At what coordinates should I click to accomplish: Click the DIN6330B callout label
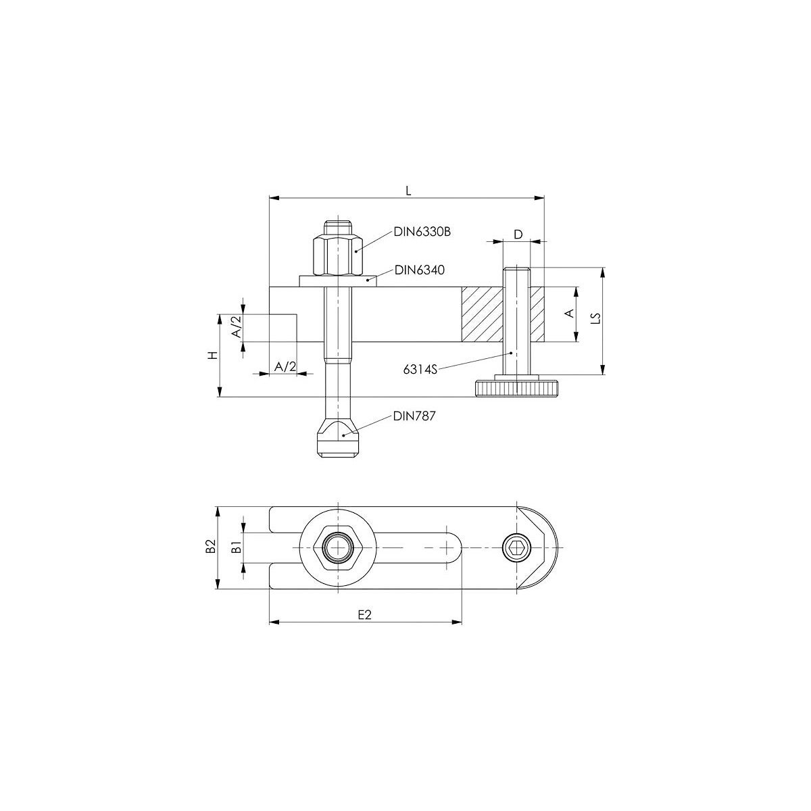[x=422, y=232]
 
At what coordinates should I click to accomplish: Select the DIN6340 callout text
[x=419, y=270]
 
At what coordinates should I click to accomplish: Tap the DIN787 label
[x=414, y=416]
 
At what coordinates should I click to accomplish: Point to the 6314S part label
[x=420, y=370]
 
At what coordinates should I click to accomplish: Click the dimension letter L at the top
[x=408, y=191]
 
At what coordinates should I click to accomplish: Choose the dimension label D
[x=518, y=235]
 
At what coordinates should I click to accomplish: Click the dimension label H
[x=214, y=355]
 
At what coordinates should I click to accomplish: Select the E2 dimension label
[x=364, y=615]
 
